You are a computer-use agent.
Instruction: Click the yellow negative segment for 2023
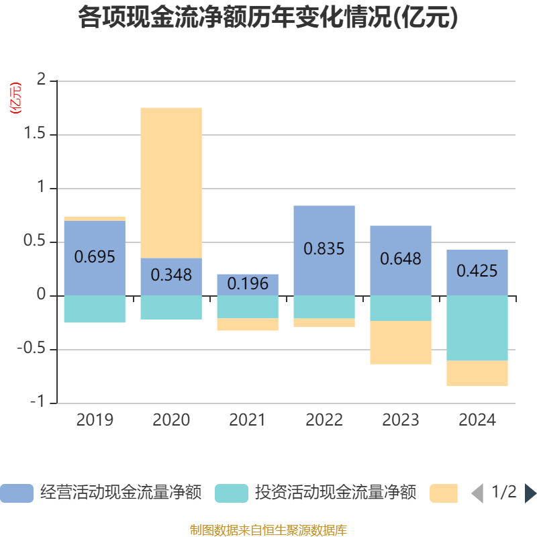click(401, 342)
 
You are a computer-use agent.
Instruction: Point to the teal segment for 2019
click(95, 309)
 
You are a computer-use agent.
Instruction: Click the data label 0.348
click(171, 275)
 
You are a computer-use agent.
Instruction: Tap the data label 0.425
click(477, 271)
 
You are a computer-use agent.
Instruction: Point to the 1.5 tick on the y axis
click(40, 134)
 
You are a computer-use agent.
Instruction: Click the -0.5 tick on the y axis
click(38, 349)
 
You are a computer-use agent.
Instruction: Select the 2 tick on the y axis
click(44, 81)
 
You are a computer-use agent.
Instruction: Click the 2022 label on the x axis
click(324, 420)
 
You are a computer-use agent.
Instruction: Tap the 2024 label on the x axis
click(477, 420)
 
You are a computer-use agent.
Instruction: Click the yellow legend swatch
click(444, 493)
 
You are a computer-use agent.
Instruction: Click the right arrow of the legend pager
click(530, 493)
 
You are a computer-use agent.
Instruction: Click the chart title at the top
click(268, 18)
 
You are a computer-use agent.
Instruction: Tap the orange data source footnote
click(268, 530)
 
